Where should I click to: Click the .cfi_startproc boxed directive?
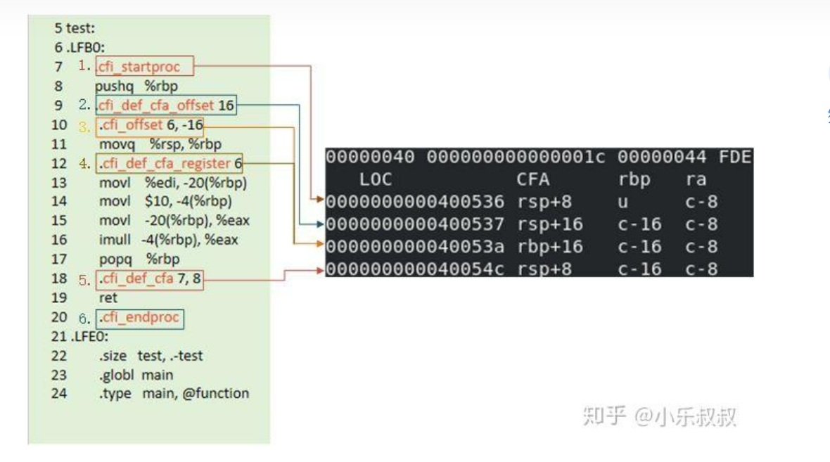click(144, 66)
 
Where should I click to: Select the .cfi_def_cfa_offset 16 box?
click(166, 105)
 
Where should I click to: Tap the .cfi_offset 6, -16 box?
click(150, 125)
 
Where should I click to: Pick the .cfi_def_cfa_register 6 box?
click(170, 164)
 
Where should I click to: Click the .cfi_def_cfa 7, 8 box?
click(150, 279)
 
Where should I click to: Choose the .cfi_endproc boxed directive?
click(140, 319)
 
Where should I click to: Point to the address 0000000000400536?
click(415, 202)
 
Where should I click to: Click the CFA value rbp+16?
click(549, 247)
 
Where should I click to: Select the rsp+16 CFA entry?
click(549, 224)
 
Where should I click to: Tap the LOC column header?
click(376, 179)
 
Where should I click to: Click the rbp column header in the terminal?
click(634, 180)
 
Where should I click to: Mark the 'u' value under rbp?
click(623, 202)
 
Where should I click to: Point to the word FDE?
click(735, 157)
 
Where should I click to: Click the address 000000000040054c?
click(415, 269)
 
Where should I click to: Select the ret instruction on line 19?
click(108, 298)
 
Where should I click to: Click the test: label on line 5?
click(80, 28)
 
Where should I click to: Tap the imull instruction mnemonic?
click(115, 240)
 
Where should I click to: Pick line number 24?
click(59, 394)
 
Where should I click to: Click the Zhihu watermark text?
click(659, 416)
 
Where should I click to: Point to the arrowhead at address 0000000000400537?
click(320, 224)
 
